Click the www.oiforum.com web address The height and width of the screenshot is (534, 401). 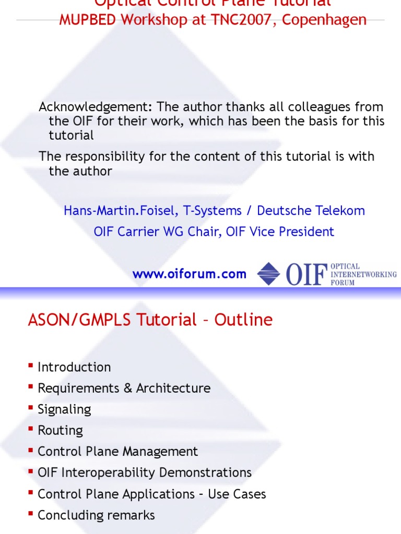(x=189, y=274)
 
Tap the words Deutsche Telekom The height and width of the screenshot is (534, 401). (x=311, y=211)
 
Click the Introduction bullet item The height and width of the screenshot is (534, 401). (x=74, y=367)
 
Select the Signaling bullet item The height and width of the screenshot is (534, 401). (x=64, y=409)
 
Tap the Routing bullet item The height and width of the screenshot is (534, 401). (x=60, y=430)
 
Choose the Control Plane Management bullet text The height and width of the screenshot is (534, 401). (x=117, y=452)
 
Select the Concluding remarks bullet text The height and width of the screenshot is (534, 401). (x=96, y=515)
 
